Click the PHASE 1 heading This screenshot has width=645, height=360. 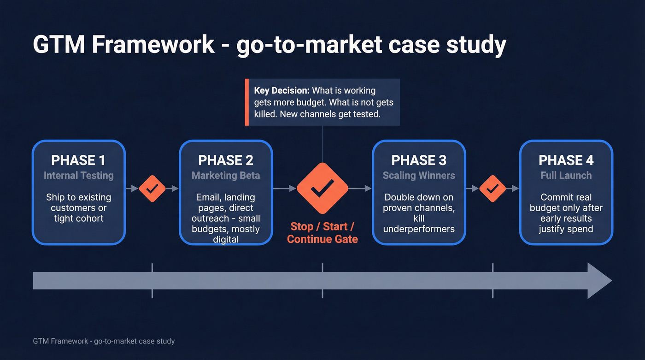click(x=78, y=160)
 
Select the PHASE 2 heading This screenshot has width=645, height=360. click(x=226, y=160)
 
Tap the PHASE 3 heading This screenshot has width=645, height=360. click(x=419, y=160)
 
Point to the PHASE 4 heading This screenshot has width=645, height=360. click(x=566, y=160)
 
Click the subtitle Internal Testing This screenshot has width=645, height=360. click(x=78, y=176)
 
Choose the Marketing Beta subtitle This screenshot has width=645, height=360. click(x=226, y=176)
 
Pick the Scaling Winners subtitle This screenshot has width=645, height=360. click(x=419, y=176)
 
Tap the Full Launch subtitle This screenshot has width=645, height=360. click(x=566, y=176)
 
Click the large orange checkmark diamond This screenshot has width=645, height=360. click(x=322, y=188)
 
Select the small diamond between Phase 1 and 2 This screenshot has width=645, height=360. click(x=152, y=188)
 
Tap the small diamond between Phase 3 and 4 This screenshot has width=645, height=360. click(x=493, y=188)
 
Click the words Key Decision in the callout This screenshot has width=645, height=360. click(x=281, y=91)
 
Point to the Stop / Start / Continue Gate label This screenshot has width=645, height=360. click(x=322, y=233)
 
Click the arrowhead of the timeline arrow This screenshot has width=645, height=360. click(x=599, y=281)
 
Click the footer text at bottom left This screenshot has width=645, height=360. click(x=104, y=342)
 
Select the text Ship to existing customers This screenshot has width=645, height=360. click(x=78, y=202)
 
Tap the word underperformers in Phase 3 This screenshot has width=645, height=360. click(x=419, y=229)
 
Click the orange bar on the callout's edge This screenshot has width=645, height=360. click(x=246, y=102)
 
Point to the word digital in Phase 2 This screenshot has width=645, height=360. click(x=226, y=240)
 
